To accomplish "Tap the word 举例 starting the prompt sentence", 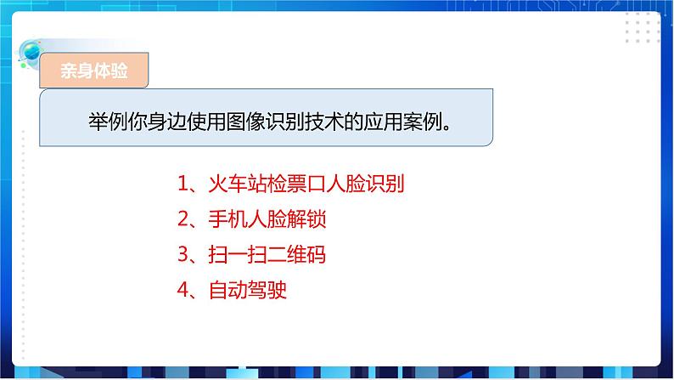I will [x=107, y=121].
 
